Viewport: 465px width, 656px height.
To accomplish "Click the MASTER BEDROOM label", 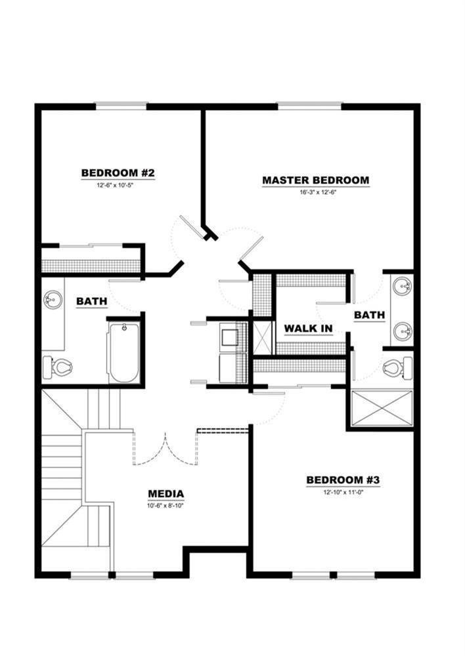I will [x=315, y=180].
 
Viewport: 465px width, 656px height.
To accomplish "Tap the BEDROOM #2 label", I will [x=118, y=173].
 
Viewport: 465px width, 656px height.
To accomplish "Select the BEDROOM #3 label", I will [x=343, y=480].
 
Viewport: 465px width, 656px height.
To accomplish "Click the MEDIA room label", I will [x=166, y=494].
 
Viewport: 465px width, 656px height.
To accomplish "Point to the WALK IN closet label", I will [x=308, y=328].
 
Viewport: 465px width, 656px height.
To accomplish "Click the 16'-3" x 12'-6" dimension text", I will [x=315, y=192].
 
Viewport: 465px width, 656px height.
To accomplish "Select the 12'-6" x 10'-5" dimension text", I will [x=118, y=185].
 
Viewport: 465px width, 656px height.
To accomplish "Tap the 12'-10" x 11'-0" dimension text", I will [x=343, y=492].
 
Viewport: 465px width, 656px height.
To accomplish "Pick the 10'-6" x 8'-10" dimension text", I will [x=166, y=505].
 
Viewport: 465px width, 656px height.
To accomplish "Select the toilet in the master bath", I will [x=398, y=367].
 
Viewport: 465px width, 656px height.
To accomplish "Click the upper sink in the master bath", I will [x=402, y=287].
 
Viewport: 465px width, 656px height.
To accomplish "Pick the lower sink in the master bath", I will [x=402, y=331].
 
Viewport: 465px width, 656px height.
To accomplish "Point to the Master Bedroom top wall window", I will [x=309, y=104].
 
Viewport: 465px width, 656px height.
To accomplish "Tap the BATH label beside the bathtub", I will [x=92, y=301].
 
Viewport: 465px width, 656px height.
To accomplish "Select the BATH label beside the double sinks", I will [x=369, y=316].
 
